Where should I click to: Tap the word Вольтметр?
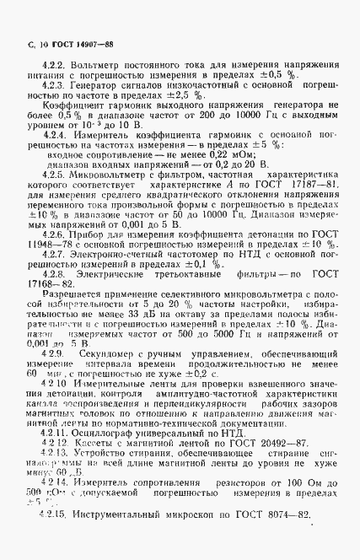tap(94, 65)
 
